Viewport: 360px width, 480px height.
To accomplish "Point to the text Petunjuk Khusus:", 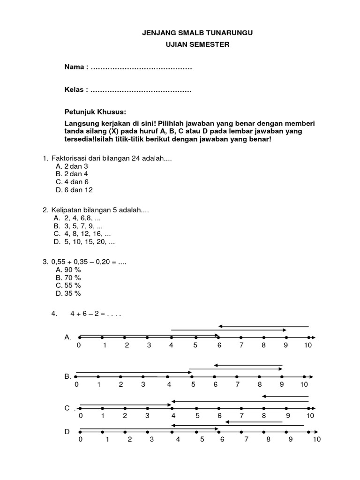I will tap(96, 112).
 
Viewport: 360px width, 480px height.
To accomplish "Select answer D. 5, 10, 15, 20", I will tap(84, 242).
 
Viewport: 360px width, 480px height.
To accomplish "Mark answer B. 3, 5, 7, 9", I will tap(79, 226).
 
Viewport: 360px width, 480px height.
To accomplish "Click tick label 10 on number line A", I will tap(308, 345).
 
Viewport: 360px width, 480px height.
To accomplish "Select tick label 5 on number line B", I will tap(193, 385).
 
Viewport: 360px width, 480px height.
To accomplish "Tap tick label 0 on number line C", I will tap(80, 416).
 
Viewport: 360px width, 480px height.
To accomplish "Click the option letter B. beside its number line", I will tap(67, 376).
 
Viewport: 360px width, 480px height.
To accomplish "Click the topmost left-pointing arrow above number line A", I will tap(264, 326).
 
